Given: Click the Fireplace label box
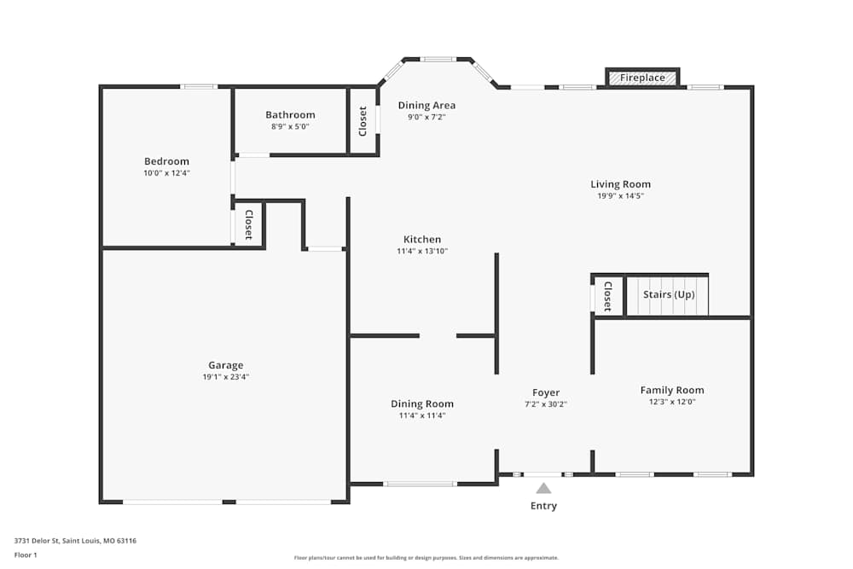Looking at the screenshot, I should pos(642,78).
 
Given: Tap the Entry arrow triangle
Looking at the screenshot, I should pos(543,488).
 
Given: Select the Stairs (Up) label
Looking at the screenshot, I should pos(669,294).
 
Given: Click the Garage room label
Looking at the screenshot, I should pos(226,365).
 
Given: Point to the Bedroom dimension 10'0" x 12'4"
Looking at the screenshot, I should pos(166,172).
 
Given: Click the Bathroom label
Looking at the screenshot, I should pos(290,114).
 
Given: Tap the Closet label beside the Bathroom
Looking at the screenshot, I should pos(363,121).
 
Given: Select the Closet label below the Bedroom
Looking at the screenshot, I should pos(248,224).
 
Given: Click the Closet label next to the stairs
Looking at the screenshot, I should pos(606,296).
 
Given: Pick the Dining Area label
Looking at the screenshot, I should pos(426,106).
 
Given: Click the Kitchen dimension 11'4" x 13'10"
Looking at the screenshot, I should pos(422,251).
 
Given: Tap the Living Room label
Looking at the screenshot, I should pos(620,184).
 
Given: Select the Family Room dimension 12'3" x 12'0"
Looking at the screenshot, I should pos(672,401).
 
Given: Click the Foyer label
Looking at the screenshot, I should pos(546,392).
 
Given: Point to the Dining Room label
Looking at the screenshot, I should pos(422,404).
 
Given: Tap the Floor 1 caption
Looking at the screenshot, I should pos(26,554).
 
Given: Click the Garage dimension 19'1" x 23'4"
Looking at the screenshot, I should pos(226,376).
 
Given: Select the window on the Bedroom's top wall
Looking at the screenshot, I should pos(199,86).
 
